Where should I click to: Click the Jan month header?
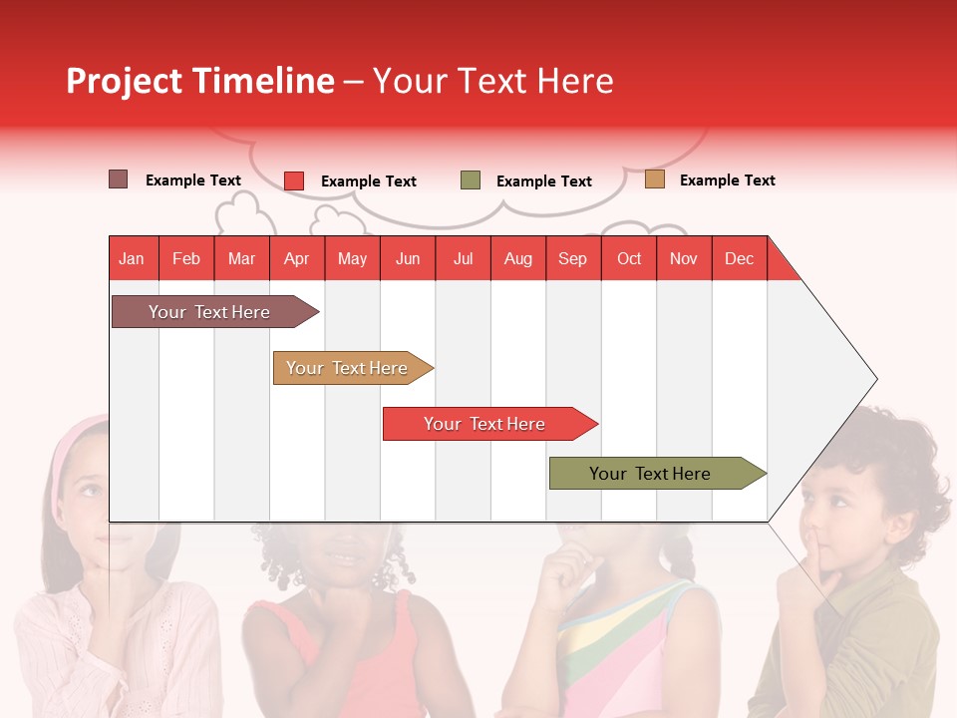[x=133, y=258]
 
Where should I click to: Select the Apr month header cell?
[x=297, y=258]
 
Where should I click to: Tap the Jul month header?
[x=463, y=258]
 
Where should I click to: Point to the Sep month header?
[x=572, y=258]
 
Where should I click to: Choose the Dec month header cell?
[x=739, y=258]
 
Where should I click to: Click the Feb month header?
[x=186, y=258]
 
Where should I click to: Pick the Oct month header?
[x=629, y=258]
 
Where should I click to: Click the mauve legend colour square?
[x=118, y=179]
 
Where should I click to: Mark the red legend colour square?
[x=294, y=180]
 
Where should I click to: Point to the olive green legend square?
[x=471, y=180]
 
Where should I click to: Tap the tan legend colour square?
[x=654, y=179]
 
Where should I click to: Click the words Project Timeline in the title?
[x=199, y=81]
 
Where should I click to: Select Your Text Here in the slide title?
[x=493, y=81]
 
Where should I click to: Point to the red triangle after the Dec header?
[x=780, y=264]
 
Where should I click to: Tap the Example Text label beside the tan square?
[x=727, y=180]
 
